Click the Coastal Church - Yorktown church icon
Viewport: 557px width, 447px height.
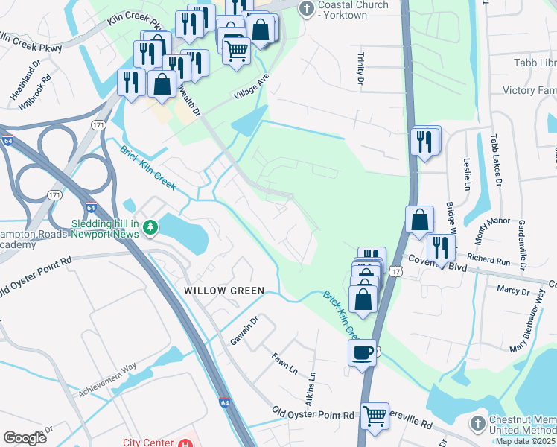[305, 9]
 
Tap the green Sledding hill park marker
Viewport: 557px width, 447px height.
[150, 226]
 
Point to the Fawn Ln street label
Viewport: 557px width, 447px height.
[284, 364]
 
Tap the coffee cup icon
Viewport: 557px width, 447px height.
[362, 352]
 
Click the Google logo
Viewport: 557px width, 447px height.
[25, 438]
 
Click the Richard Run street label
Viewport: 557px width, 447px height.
[489, 261]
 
